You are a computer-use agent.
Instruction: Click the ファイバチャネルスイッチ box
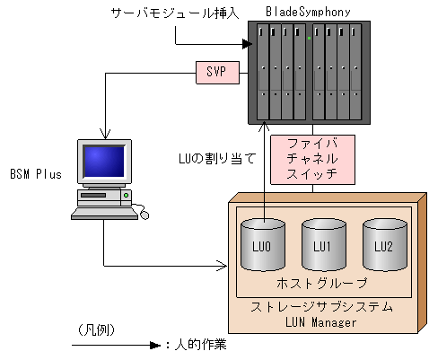coord(312,158)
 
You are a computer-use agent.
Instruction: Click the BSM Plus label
coord(36,173)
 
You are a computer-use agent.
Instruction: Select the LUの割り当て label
coord(218,159)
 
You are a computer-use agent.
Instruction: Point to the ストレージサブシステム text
coord(324,306)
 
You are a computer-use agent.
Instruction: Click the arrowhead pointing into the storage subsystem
coord(224,265)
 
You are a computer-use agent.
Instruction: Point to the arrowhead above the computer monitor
coord(105,133)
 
